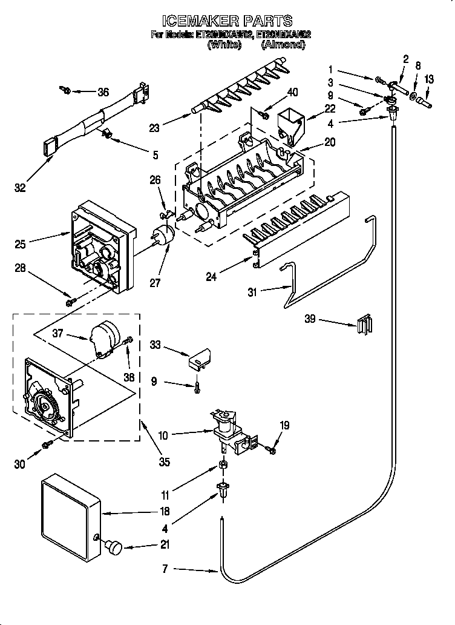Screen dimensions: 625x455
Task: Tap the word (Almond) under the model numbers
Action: point(283,45)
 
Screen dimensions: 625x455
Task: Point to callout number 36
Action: point(103,92)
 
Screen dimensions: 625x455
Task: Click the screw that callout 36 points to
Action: point(65,91)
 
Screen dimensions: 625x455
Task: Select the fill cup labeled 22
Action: point(291,125)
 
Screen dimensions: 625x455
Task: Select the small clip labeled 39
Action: point(363,324)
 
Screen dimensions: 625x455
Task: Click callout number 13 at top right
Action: point(428,79)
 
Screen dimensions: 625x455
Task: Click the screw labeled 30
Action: point(46,446)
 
